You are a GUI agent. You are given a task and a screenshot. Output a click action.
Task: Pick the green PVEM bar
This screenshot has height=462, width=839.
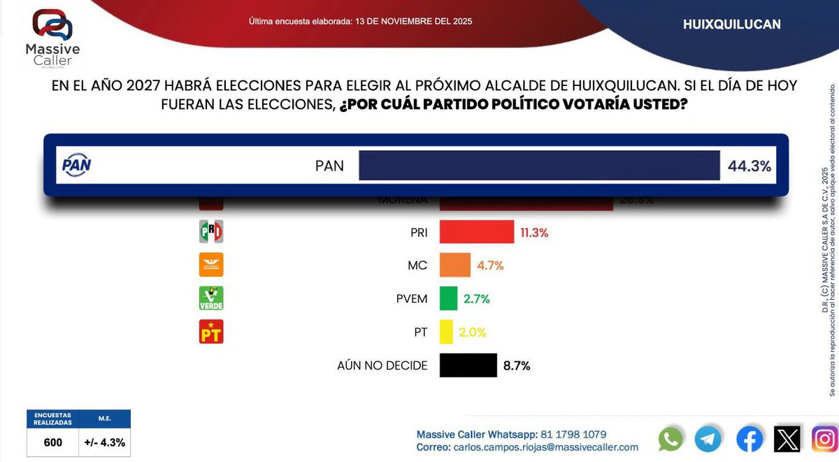448,298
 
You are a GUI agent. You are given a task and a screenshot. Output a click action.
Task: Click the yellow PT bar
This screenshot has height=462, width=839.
446,331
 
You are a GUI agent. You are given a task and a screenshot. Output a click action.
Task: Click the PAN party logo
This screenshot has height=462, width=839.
77,166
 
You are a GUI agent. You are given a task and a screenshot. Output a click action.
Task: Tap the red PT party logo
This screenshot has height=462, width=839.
211,331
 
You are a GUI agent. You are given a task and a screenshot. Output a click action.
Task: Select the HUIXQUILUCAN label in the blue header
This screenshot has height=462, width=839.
731,24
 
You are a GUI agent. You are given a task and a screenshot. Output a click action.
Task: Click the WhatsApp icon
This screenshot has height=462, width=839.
671,439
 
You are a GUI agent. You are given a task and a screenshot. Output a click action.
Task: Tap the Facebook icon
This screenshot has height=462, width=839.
750,439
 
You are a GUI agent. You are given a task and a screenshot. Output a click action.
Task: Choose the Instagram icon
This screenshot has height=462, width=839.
824,439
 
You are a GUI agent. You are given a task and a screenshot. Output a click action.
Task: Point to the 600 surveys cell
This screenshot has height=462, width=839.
52,442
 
